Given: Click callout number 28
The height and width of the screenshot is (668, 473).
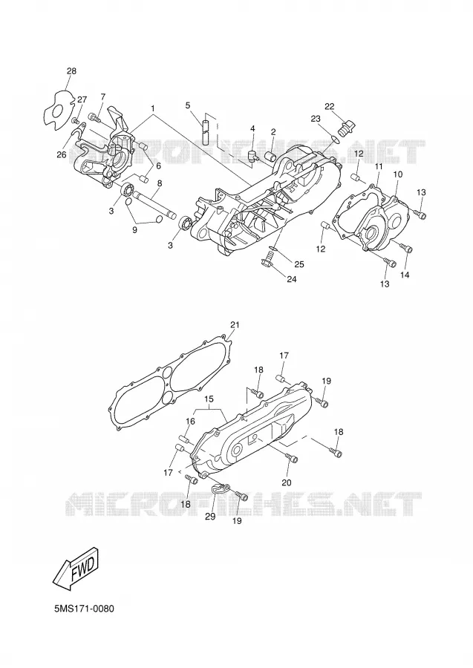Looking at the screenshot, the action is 71,71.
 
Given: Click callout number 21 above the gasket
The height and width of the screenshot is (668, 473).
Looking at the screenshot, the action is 235,325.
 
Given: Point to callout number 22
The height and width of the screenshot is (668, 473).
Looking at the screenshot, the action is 330,106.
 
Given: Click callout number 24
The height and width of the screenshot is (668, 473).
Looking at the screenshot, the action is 292,279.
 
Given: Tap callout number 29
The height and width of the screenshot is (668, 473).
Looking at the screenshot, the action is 210,517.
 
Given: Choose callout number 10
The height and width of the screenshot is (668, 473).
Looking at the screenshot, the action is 397,174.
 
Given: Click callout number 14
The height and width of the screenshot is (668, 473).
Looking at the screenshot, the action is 405,275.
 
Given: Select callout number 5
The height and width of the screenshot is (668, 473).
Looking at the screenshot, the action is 188,105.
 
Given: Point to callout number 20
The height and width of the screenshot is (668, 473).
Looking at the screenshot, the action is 287,482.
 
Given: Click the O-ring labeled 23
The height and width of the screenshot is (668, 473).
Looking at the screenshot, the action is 336,137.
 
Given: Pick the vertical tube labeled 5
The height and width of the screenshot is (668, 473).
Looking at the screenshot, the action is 206,133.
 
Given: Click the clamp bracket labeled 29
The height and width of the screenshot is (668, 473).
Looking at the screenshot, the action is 221,488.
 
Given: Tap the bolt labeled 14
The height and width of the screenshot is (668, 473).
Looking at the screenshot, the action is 405,248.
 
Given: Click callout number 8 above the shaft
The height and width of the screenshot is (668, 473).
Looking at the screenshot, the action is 160,183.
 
